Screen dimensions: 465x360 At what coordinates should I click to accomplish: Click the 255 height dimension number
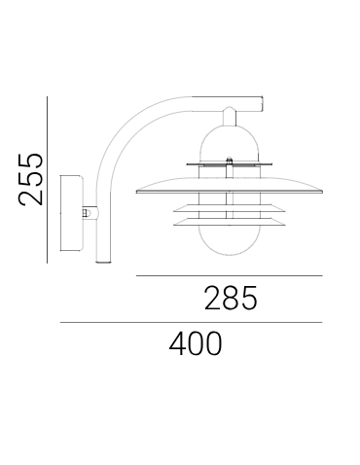pyautogui.click(x=32, y=178)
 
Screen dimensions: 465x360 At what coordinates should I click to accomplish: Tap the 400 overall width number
pyautogui.click(x=196, y=343)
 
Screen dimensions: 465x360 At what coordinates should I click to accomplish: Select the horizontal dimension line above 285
pyautogui.click(x=229, y=276)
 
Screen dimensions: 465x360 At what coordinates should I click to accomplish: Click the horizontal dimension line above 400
pyautogui.click(x=191, y=322)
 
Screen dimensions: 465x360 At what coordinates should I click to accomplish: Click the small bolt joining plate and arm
pyautogui.click(x=88, y=211)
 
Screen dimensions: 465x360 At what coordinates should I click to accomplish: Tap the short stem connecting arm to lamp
pyautogui.click(x=230, y=116)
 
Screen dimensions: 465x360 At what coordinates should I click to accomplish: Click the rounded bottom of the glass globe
pyautogui.click(x=230, y=250)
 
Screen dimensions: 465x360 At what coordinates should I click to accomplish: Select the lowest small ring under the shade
pyautogui.click(x=230, y=225)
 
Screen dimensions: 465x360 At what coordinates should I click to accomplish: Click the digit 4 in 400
pyautogui.click(x=176, y=343)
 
